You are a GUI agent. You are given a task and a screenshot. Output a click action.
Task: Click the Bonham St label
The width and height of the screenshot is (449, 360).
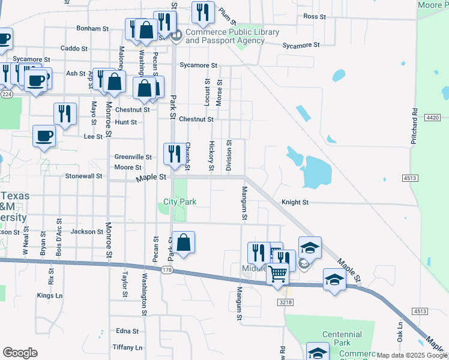[x=92, y=28]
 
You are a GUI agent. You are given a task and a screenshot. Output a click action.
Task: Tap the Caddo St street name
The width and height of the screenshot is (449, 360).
[x=74, y=48]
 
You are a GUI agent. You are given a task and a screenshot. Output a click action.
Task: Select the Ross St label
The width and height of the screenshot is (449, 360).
[x=314, y=16]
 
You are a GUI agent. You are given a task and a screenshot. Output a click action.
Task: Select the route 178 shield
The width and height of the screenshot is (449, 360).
[x=167, y=271]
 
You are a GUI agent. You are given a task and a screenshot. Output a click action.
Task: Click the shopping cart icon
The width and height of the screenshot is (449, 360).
[x=278, y=274]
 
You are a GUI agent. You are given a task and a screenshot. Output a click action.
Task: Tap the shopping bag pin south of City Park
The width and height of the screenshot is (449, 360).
[x=184, y=243]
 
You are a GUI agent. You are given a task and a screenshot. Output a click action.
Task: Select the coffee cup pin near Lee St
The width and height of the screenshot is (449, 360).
[x=44, y=136]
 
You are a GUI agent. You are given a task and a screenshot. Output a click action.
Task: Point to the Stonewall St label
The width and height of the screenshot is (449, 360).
[x=83, y=176]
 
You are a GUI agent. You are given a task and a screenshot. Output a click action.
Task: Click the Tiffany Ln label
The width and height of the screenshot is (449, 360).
[x=127, y=347]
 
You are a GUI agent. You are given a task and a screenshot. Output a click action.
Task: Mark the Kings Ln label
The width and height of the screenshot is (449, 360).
[x=50, y=295]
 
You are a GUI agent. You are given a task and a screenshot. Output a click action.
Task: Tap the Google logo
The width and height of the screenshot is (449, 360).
[x=20, y=353]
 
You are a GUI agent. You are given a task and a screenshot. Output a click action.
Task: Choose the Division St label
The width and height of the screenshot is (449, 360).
[x=229, y=155]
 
